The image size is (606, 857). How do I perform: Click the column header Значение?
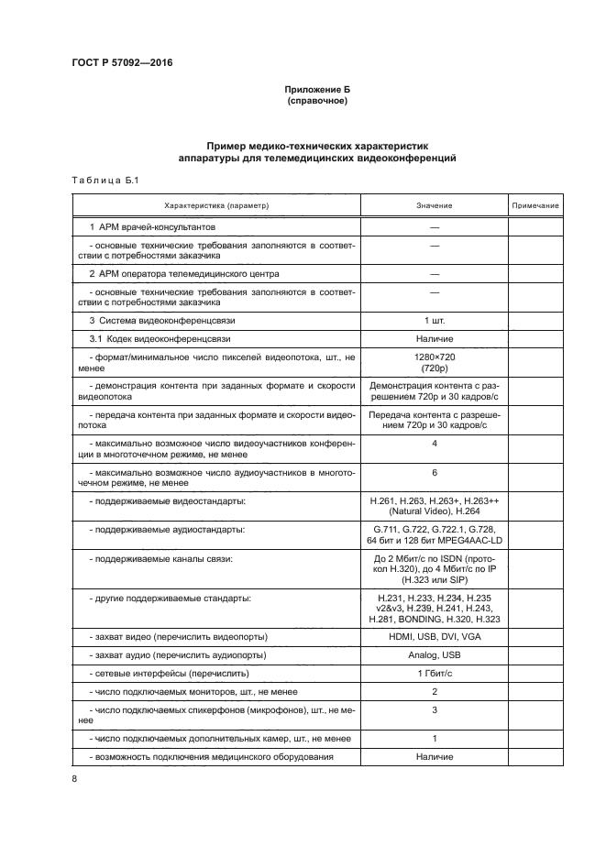(434, 206)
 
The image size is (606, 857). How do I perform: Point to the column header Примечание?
(534, 206)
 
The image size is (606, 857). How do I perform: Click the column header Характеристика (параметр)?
(215, 206)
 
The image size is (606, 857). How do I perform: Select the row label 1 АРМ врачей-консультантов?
(152, 225)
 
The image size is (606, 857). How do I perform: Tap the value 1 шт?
(434, 320)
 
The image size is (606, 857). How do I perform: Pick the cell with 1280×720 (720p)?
(434, 361)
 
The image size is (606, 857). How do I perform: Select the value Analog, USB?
(434, 655)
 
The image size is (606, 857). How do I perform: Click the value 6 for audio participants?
(434, 472)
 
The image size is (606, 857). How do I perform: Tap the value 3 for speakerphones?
(434, 709)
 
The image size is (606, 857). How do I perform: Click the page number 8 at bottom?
(74, 778)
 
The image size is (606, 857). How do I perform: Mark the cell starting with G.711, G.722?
(434, 535)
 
